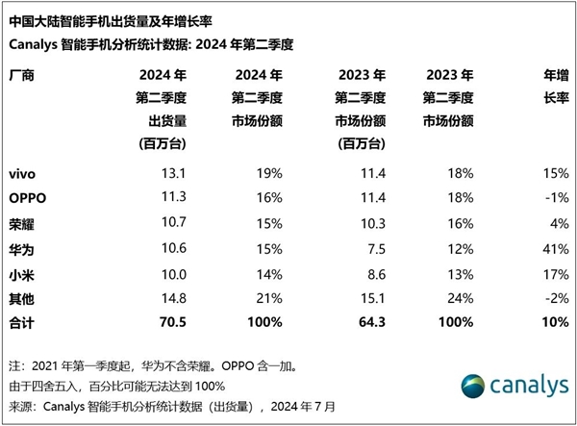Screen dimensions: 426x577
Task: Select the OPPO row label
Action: [26, 199]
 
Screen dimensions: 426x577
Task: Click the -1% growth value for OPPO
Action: [553, 199]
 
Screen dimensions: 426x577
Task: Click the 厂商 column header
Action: [22, 75]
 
